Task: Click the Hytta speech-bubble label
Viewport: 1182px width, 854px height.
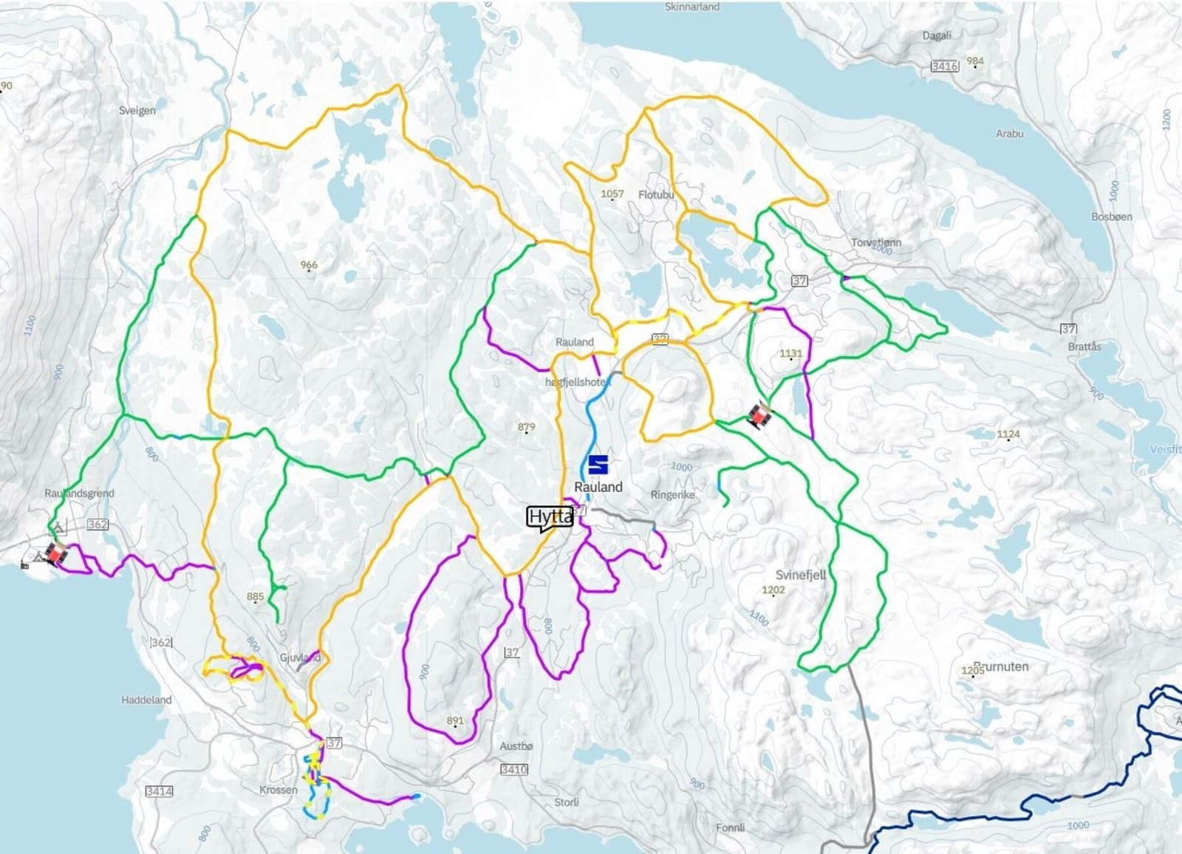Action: coord(550,517)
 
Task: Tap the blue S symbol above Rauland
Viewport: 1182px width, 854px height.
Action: coord(598,465)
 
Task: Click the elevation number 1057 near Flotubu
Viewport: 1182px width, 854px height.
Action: coord(612,194)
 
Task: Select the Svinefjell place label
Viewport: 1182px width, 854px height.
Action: coord(801,575)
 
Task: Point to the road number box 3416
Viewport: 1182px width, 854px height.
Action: coord(944,66)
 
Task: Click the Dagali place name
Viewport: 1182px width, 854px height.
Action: coord(937,35)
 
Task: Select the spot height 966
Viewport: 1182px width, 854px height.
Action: coord(309,264)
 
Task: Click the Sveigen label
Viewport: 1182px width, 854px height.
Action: coord(137,110)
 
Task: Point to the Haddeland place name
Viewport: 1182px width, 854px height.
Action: coord(146,700)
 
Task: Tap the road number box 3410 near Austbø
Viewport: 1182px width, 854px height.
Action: coord(513,769)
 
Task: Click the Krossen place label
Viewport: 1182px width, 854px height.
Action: coord(278,790)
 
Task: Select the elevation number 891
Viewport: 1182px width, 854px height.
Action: coord(455,720)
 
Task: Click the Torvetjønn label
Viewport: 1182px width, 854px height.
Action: coord(876,242)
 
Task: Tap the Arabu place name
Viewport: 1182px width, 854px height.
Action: coord(1009,134)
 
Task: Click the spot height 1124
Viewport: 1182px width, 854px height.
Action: coord(1008,434)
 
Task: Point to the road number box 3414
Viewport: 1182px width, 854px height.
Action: coord(159,791)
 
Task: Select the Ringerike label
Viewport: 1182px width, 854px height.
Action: coord(672,495)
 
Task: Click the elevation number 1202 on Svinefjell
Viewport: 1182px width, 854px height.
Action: coord(773,590)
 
